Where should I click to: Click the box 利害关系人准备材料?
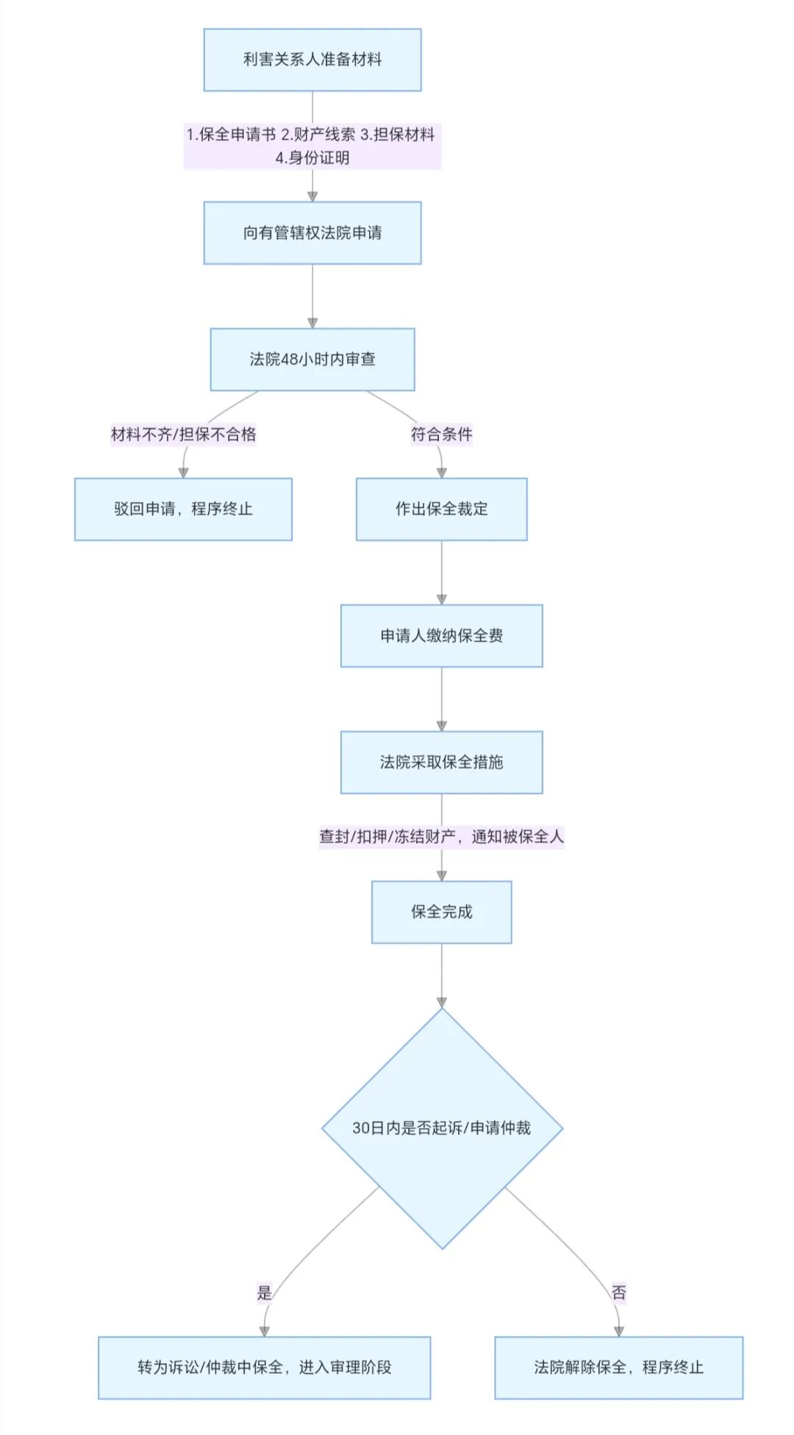[312, 60]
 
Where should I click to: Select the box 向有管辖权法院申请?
[312, 233]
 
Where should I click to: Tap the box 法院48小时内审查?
[312, 359]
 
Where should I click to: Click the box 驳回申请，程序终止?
[183, 509]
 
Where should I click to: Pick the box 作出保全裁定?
[441, 509]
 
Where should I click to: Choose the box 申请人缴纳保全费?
[441, 636]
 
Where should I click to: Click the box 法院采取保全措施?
[441, 762]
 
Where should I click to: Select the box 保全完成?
[441, 912]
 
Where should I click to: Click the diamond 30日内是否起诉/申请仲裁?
[442, 1128]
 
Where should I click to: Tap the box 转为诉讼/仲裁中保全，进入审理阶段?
[264, 1367]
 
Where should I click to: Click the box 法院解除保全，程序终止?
[618, 1367]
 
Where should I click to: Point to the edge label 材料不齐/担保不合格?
[183, 434]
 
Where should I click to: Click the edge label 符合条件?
[441, 434]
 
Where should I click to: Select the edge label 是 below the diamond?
[264, 1292]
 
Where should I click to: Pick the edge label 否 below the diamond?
[618, 1292]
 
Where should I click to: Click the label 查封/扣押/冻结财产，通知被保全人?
[441, 837]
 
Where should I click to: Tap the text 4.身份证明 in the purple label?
[312, 158]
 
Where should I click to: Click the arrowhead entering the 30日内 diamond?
[442, 1002]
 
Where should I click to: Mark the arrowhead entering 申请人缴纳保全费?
[442, 600]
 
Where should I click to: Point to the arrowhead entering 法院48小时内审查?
[312, 323]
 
